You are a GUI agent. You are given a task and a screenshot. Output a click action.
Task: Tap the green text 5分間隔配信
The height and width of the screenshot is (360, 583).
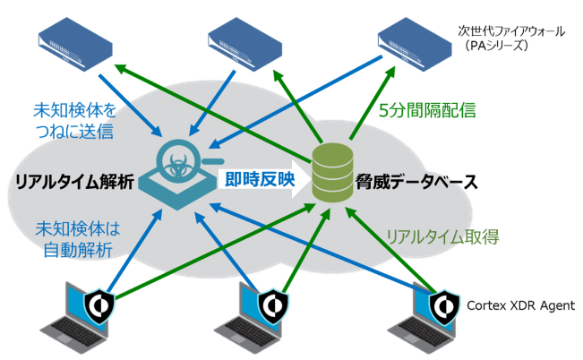(x=427, y=111)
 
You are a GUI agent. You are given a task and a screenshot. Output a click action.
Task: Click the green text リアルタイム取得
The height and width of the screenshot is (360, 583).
(x=442, y=237)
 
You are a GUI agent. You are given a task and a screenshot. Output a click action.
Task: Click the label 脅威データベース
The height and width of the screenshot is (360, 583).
(x=408, y=180)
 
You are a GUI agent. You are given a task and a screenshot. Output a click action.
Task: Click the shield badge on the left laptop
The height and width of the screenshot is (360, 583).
(x=100, y=307)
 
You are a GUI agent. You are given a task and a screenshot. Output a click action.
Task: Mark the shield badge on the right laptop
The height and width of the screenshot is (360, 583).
(x=442, y=307)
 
